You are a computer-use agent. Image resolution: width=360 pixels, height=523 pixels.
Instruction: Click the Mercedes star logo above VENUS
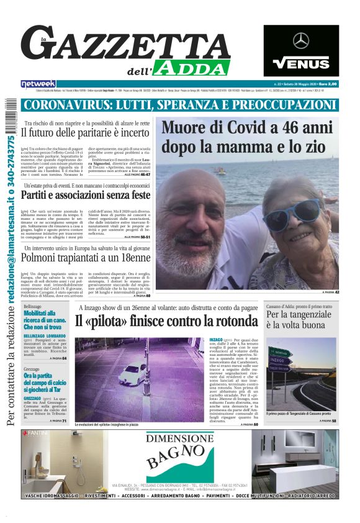[x=301, y=40]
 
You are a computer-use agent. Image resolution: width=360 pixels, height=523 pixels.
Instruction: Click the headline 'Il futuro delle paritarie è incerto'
[x=84, y=132]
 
